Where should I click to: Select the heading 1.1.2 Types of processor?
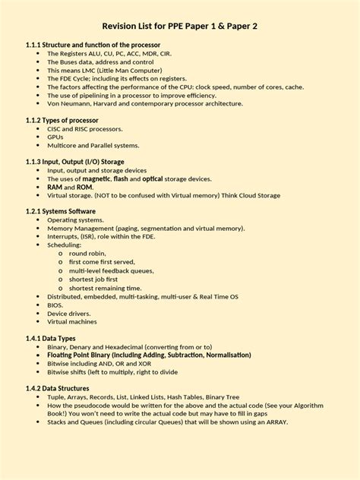58,119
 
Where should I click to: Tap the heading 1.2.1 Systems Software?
60,210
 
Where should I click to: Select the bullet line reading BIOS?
55,305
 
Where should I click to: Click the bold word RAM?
55,186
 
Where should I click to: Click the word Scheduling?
66,245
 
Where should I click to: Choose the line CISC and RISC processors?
84,128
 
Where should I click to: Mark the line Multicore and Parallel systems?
93,145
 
